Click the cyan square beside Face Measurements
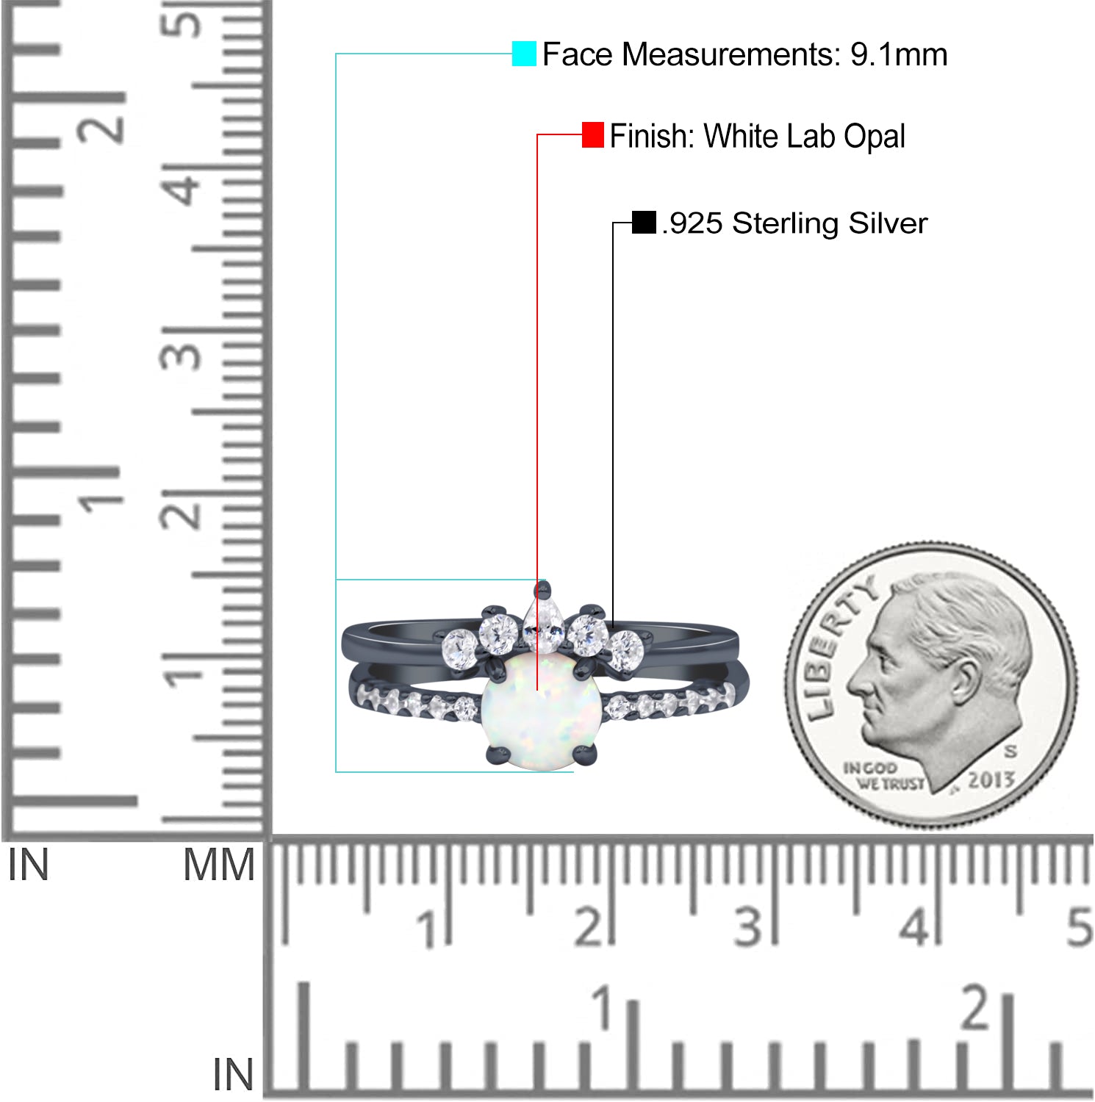pyautogui.click(x=524, y=54)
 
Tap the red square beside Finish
pyautogui.click(x=593, y=134)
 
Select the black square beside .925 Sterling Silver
pyautogui.click(x=644, y=223)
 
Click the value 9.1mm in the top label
pyautogui.click(x=899, y=54)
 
